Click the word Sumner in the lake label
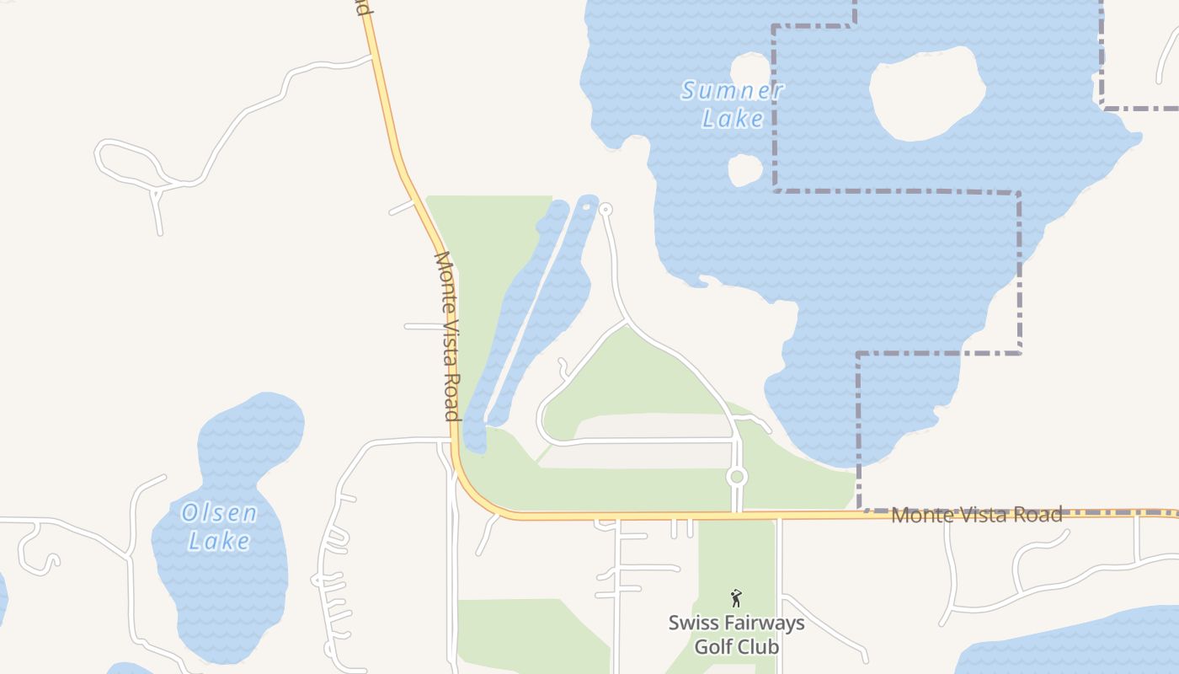tap(732, 90)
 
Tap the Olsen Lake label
tap(219, 526)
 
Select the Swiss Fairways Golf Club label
tap(736, 634)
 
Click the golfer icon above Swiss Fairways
tap(736, 598)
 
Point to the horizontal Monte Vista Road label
tap(976, 514)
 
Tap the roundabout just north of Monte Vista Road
tap(737, 477)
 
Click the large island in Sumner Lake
tap(925, 93)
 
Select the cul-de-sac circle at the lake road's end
tap(605, 210)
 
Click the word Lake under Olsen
tap(219, 540)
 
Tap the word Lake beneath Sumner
tap(732, 119)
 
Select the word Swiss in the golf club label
tap(695, 623)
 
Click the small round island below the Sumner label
tap(744, 170)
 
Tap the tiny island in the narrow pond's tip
tap(587, 206)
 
